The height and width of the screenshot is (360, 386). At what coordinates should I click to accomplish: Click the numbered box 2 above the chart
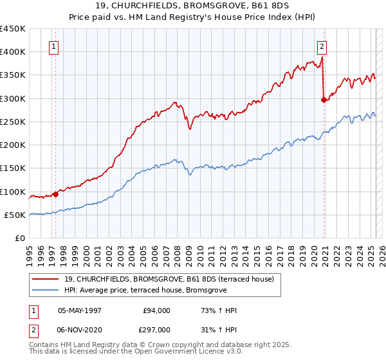coord(321,46)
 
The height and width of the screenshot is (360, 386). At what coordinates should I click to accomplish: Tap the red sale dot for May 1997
coord(55,194)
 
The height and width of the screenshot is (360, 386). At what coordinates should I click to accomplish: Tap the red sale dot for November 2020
coord(324,100)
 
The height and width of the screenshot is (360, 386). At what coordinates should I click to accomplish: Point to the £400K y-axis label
coord(13,52)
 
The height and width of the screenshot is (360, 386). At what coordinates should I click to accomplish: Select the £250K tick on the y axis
coord(13,122)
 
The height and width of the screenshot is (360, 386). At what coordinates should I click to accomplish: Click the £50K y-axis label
coord(15,215)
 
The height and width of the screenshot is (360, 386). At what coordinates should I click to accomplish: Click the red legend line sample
coord(45,279)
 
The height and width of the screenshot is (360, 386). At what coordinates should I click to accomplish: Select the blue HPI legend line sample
coord(45,290)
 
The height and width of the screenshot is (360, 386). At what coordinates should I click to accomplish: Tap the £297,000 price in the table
coord(156,329)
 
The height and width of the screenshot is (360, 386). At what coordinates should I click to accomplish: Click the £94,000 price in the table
coord(156,310)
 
